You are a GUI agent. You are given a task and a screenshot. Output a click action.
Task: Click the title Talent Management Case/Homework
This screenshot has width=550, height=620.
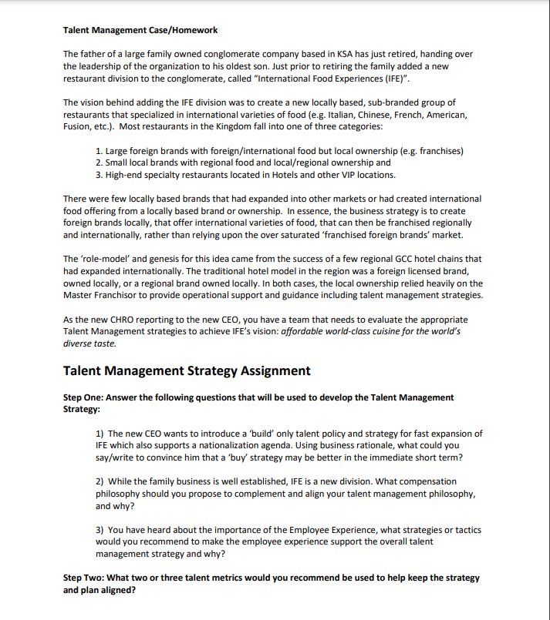point(140,30)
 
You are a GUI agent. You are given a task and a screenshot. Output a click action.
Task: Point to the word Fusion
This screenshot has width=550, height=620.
point(76,126)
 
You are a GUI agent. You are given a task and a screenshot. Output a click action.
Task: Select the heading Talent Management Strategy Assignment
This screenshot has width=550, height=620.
point(187,370)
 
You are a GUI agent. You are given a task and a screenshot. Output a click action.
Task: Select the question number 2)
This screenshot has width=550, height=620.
point(100,481)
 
